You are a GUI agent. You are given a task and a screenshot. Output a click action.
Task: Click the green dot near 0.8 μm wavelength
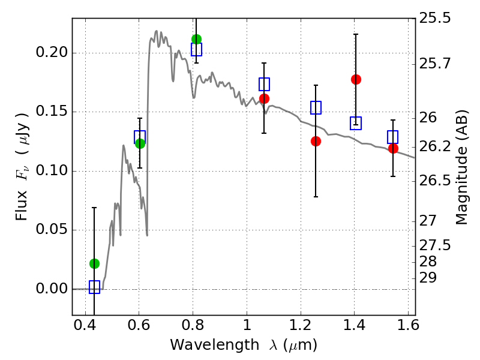click(x=197, y=39)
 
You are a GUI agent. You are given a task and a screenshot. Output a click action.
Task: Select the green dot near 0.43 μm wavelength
click(x=95, y=263)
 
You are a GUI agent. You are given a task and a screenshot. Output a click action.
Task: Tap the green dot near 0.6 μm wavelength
click(x=140, y=143)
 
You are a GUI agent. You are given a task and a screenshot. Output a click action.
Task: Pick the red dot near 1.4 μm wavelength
click(x=356, y=80)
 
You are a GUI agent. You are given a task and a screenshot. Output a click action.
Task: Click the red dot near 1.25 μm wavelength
click(x=316, y=142)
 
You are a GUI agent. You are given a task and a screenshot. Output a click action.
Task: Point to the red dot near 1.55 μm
click(x=393, y=149)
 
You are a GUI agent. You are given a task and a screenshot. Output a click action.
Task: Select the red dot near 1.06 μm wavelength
click(x=264, y=99)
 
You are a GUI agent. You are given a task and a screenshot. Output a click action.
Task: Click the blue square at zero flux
click(x=95, y=287)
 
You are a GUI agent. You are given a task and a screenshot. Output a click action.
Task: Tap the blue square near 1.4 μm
click(x=356, y=123)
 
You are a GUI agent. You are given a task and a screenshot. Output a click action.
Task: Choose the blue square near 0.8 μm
click(x=197, y=49)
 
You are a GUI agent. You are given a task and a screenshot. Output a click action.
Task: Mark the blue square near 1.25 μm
click(x=316, y=108)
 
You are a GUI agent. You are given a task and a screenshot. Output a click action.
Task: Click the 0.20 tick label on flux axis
click(x=52, y=52)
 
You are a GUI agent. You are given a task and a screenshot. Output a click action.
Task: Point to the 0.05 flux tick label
click(x=52, y=229)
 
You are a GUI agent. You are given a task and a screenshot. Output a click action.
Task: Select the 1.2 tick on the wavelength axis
click(x=301, y=325)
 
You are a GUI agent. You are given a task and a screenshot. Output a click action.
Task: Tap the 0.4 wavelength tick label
click(x=85, y=325)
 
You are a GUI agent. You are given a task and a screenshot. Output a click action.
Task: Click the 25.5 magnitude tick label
click(x=434, y=18)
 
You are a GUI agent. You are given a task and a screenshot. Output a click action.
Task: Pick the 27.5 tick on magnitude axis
click(x=434, y=245)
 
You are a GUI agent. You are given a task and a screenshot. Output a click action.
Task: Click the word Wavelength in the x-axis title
click(x=215, y=345)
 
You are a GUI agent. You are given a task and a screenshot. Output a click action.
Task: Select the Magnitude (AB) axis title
click(x=462, y=167)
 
